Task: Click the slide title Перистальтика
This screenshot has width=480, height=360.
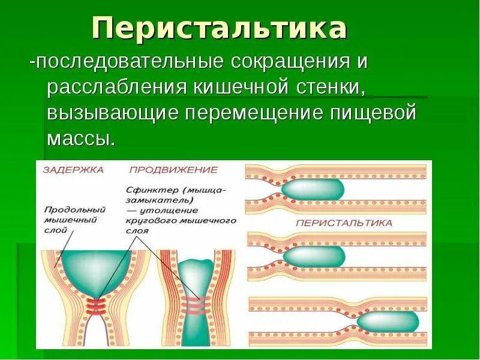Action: (219, 28)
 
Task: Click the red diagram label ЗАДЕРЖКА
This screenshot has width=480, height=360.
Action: (73, 170)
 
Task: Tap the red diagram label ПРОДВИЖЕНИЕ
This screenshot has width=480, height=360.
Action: (173, 170)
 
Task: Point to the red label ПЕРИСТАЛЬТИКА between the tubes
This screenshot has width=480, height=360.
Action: (344, 223)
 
